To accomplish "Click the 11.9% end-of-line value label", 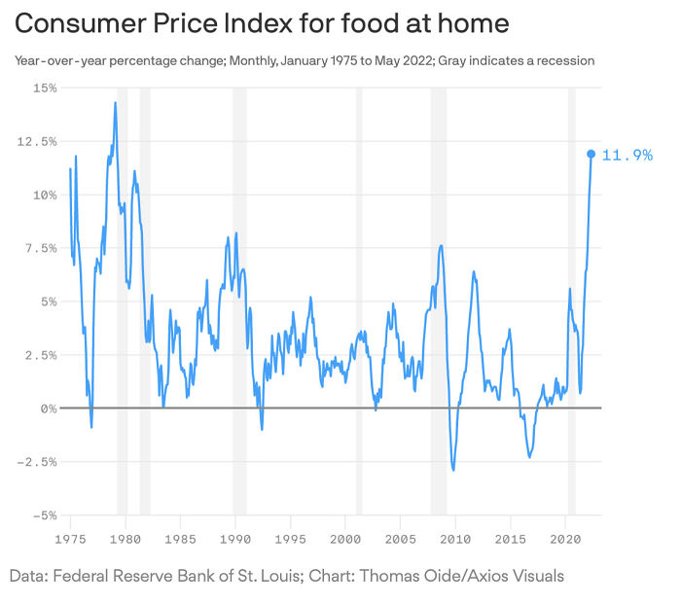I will (627, 155).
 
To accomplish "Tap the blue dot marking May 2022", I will (591, 154).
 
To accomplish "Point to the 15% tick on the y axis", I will (44, 88).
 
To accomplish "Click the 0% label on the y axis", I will (48, 409).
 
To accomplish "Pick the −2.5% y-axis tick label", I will (37, 462).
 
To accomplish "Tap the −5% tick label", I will (44, 515).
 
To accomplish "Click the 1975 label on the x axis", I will (70, 538).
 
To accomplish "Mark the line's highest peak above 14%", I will (115, 102).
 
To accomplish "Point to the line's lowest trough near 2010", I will (453, 470).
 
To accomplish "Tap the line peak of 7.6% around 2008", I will (441, 245).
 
